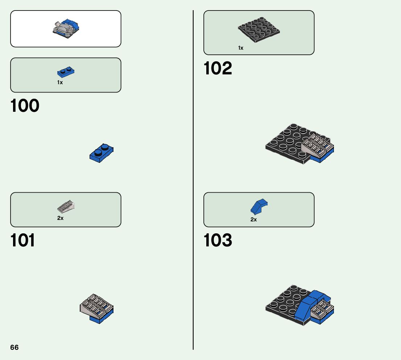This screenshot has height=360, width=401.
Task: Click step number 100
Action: (25, 106)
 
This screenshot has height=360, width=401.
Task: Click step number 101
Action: (23, 240)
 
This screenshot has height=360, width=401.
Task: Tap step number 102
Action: (218, 68)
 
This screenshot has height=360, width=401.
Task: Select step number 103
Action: (218, 240)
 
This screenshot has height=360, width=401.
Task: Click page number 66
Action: (14, 347)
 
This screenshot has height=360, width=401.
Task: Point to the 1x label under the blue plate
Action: (60, 82)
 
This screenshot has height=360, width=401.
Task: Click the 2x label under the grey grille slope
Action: (60, 218)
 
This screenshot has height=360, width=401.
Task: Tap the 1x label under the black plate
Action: (241, 48)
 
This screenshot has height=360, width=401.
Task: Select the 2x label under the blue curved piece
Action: (253, 220)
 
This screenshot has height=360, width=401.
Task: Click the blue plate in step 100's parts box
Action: (66, 73)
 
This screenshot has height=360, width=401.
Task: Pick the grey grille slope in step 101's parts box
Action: (66, 207)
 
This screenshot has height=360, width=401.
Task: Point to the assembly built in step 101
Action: (96, 308)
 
